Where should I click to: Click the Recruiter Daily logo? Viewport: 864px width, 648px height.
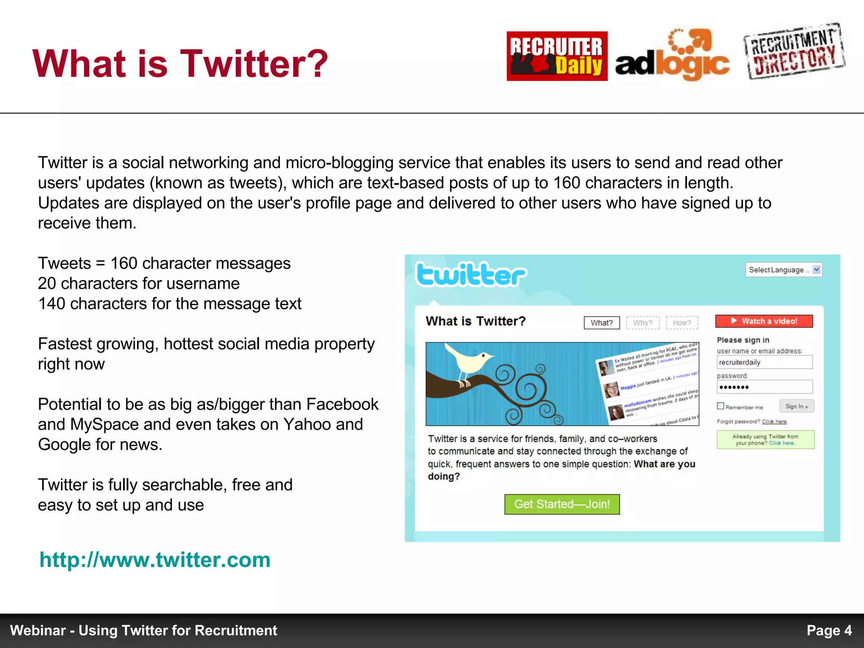[557, 56]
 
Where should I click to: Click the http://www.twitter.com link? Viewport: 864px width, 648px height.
[155, 560]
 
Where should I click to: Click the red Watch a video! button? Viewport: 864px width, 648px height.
[764, 321]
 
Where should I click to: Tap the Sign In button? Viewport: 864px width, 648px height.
[796, 406]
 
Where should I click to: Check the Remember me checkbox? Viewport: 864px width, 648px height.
[721, 406]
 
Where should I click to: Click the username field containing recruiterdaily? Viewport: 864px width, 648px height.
[764, 362]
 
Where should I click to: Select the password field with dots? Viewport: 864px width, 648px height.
[764, 387]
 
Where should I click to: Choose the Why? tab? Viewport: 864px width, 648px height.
[643, 323]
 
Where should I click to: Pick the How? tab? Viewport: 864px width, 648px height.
[682, 323]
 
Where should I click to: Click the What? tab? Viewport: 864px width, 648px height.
[602, 323]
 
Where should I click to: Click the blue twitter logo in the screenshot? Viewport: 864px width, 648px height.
[470, 275]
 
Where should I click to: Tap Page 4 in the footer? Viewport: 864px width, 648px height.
[829, 630]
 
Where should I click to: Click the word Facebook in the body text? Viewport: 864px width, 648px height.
[342, 404]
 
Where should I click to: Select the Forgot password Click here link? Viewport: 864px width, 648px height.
[774, 421]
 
